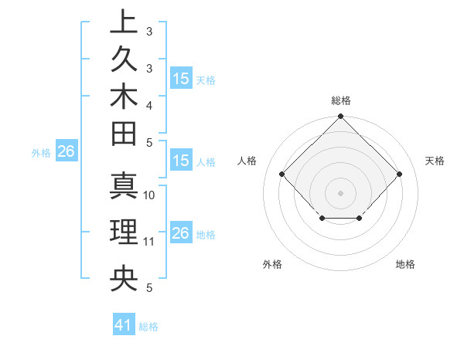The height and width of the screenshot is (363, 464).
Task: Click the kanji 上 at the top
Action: click(124, 22)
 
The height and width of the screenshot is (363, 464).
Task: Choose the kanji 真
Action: click(124, 185)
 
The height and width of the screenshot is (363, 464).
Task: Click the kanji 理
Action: click(124, 232)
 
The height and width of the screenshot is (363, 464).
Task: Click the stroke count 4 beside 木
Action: click(149, 105)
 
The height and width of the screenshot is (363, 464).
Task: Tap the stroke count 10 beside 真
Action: click(150, 195)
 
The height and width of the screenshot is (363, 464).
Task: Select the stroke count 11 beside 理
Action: click(150, 242)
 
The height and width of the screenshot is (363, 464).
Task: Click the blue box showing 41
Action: click(124, 326)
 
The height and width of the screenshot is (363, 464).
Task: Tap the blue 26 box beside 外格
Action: click(66, 152)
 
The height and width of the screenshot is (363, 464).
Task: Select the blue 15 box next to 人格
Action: click(181, 161)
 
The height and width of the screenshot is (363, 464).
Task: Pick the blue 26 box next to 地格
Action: click(181, 234)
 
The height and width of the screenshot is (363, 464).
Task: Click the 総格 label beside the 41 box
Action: click(148, 327)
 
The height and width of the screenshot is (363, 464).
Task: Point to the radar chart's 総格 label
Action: click(340, 100)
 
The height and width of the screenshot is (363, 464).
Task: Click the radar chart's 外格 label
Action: click(272, 264)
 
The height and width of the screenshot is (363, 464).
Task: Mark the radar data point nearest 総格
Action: click(340, 117)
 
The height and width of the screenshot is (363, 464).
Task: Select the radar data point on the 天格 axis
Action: click(399, 174)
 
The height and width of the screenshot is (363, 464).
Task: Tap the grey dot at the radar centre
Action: click(340, 192)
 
